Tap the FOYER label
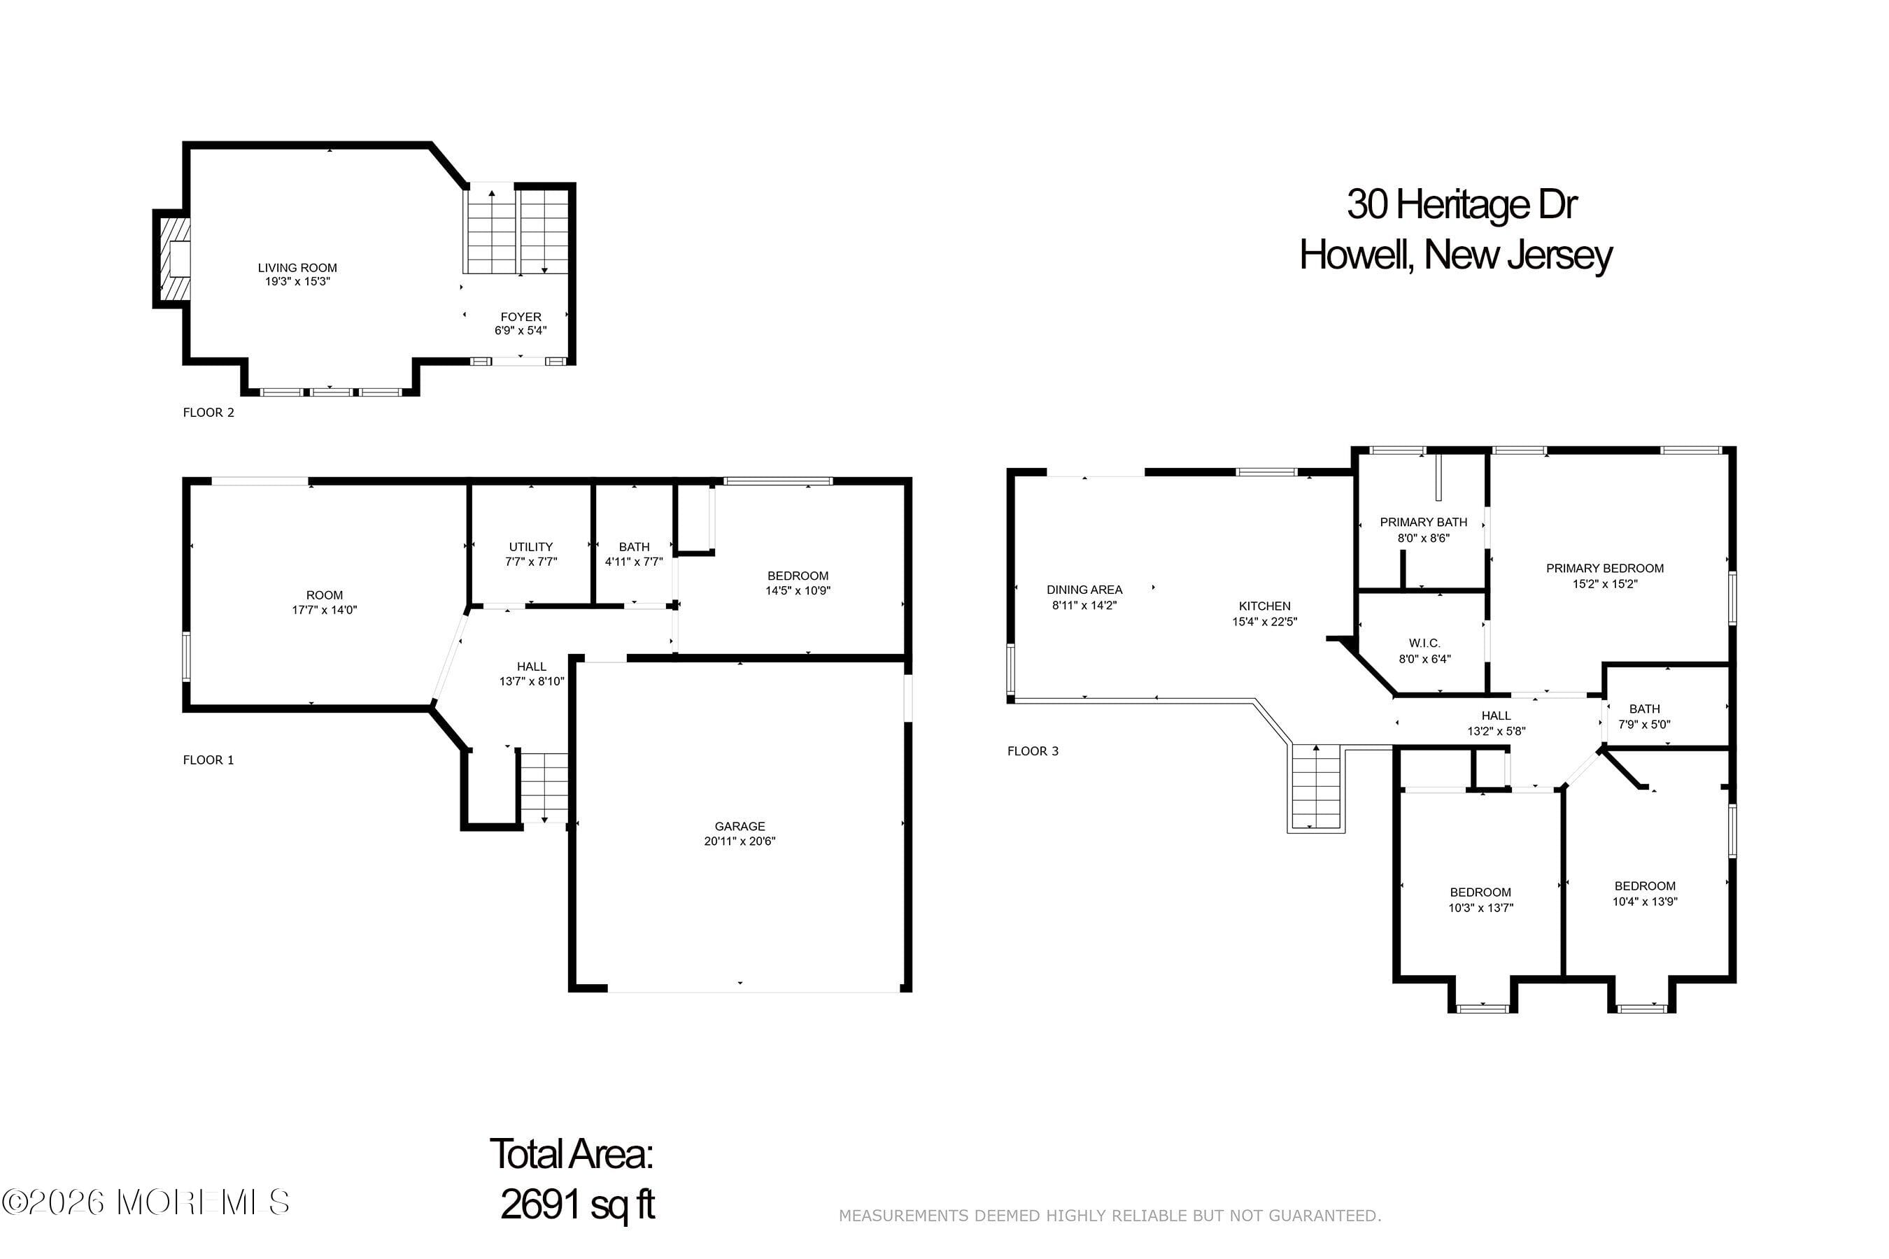point(521,316)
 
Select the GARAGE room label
point(739,825)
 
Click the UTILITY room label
point(530,547)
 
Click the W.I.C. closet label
point(1424,643)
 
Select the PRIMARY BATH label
point(1423,522)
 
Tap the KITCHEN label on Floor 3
point(1264,606)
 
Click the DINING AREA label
point(1084,590)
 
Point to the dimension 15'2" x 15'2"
point(1604,584)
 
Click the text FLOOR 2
point(208,413)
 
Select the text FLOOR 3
point(1032,751)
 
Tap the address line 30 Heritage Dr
point(1461,204)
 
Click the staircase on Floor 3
point(1315,788)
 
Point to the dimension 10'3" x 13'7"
point(1480,908)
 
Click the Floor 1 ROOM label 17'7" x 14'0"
point(324,602)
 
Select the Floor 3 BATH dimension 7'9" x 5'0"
point(1643,724)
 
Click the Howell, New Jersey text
point(1455,255)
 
